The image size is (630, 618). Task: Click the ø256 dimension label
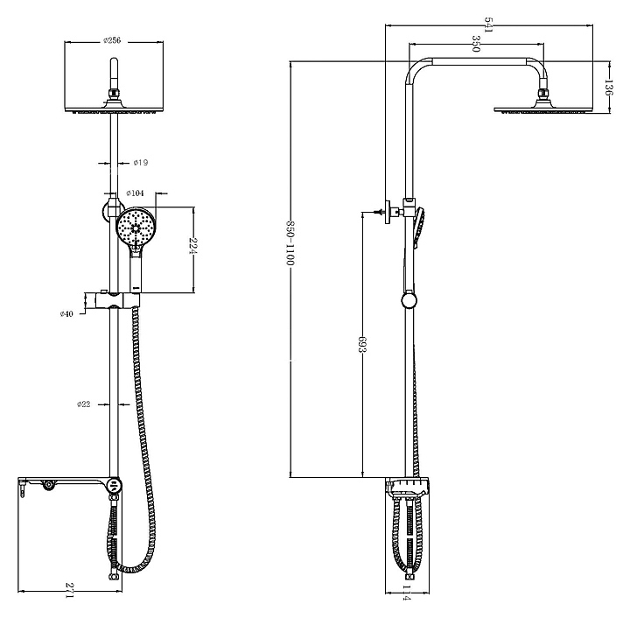[112, 40]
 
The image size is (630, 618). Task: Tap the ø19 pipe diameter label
[141, 163]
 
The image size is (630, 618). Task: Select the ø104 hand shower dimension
[135, 193]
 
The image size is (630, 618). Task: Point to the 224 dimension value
[193, 246]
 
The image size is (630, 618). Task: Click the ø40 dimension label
[66, 314]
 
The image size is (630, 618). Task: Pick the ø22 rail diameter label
[84, 404]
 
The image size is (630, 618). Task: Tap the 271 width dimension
[69, 600]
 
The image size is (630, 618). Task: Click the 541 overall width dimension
[488, 25]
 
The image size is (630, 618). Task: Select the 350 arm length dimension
[476, 44]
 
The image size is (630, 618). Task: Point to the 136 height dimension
[608, 88]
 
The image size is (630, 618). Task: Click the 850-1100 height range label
[290, 242]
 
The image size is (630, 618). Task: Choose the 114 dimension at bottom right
[407, 604]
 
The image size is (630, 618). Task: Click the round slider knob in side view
[409, 300]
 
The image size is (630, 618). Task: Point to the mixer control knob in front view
[115, 485]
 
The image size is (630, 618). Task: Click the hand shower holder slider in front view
[117, 300]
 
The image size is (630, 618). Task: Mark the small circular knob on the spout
[49, 485]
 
